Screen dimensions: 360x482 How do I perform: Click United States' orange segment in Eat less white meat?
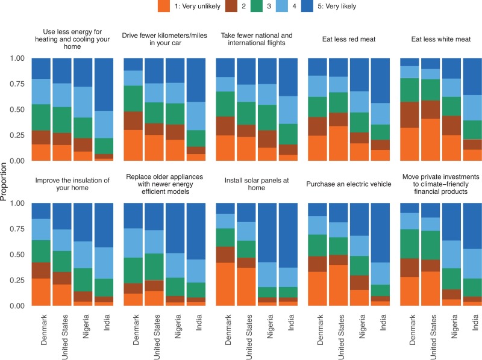click(x=431, y=140)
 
